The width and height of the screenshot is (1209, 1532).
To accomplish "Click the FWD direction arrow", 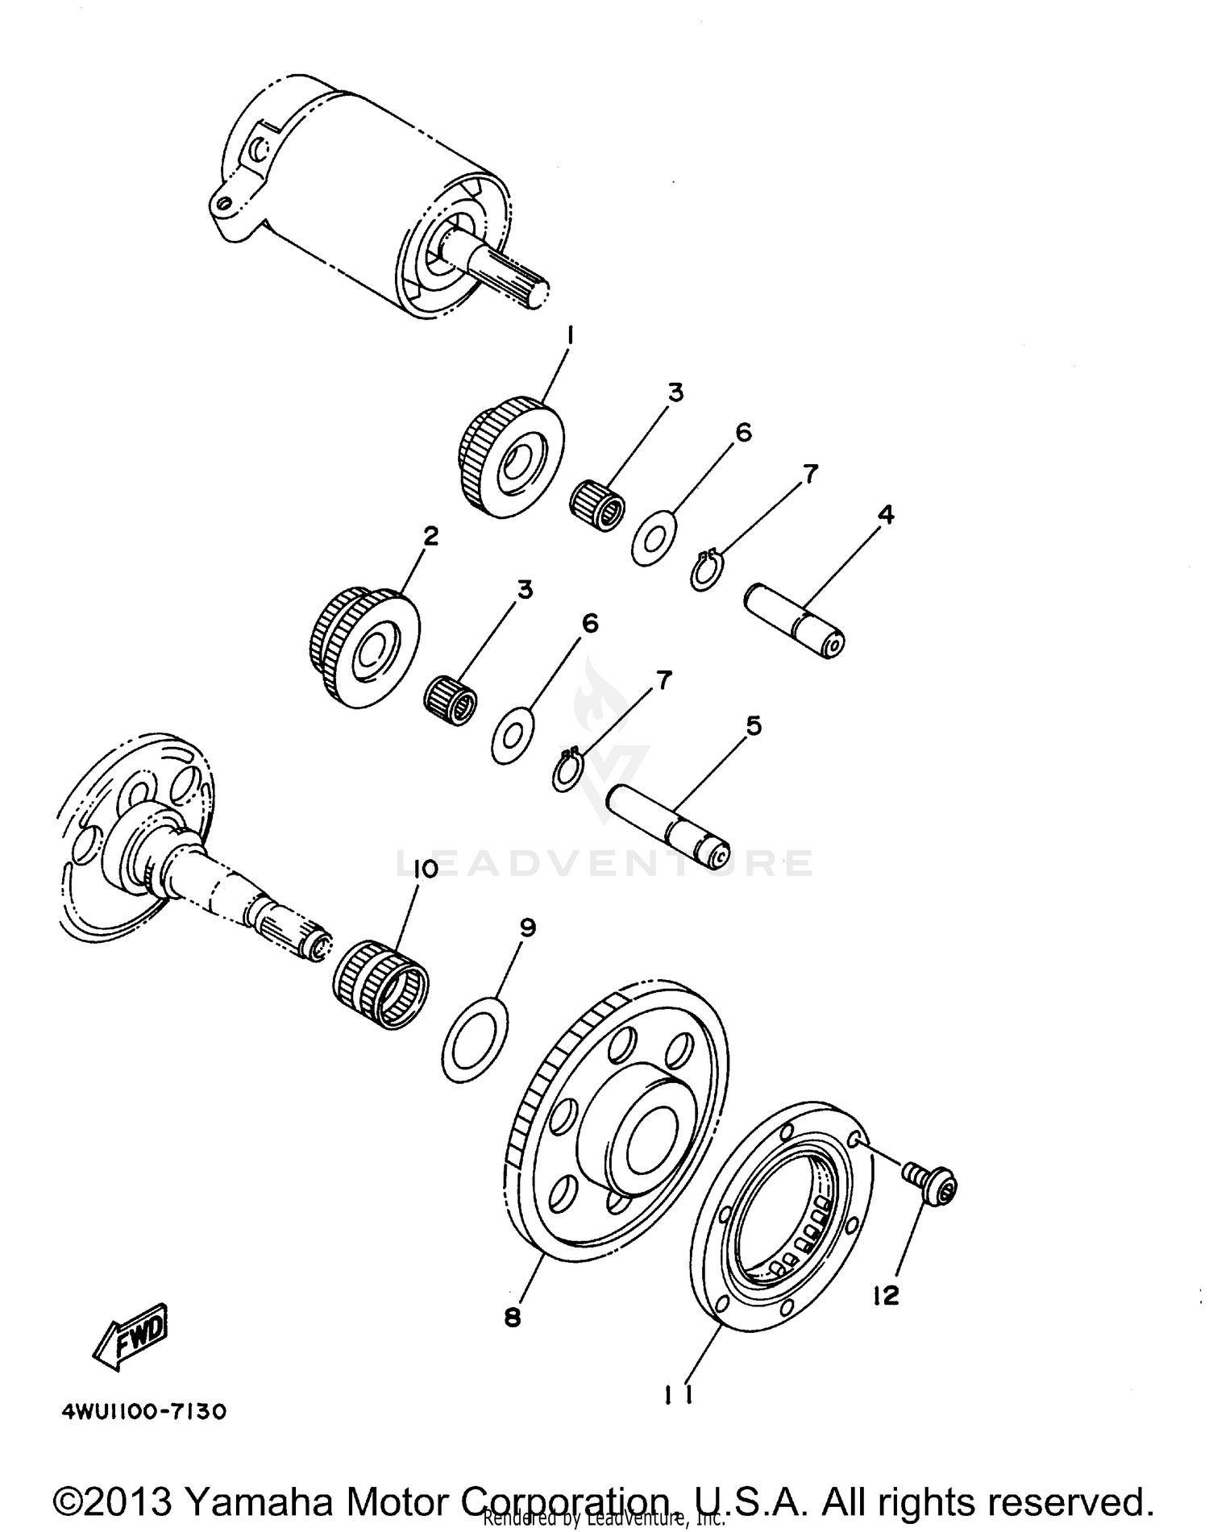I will click(x=132, y=1337).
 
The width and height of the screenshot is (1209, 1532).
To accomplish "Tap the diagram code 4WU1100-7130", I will click(x=144, y=1411).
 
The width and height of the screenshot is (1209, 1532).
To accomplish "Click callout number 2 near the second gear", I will click(x=431, y=535).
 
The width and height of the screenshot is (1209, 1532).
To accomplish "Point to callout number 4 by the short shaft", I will click(x=886, y=514).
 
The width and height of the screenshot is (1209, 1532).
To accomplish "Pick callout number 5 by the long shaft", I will click(x=753, y=725).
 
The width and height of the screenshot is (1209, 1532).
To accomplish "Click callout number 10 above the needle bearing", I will click(x=425, y=869).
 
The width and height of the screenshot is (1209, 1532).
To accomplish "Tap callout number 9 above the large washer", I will click(x=527, y=928).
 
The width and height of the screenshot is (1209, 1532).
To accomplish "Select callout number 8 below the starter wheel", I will click(x=513, y=1317).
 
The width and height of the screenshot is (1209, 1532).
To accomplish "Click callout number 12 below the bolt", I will click(x=884, y=1295).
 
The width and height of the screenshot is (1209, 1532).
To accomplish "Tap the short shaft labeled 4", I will click(x=794, y=620).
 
